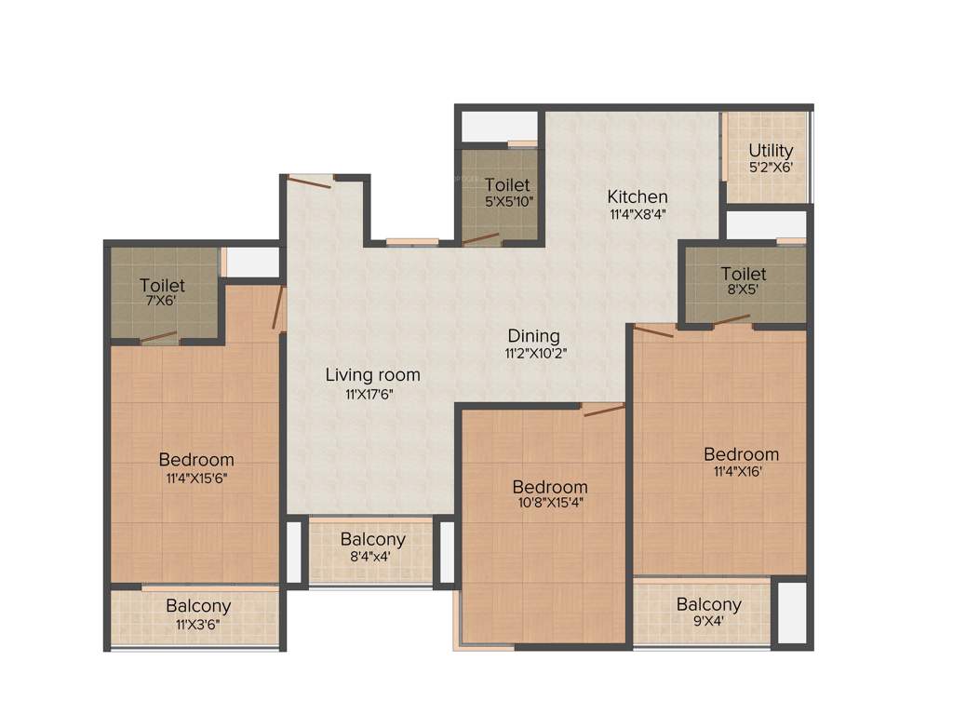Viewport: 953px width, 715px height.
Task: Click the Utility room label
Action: point(771,151)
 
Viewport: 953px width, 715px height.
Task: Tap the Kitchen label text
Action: point(638,196)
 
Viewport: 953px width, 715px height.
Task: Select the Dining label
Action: point(533,336)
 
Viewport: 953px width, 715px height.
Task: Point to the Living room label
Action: point(372,375)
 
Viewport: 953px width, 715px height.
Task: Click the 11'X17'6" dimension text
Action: point(372,394)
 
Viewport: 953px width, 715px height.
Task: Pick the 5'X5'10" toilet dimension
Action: point(507,201)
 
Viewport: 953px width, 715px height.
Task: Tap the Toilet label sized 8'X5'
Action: point(744,274)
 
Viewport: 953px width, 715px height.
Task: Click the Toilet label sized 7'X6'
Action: point(162,285)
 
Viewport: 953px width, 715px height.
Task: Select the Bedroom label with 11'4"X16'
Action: point(741,454)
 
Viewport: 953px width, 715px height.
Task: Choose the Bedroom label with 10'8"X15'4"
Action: point(550,487)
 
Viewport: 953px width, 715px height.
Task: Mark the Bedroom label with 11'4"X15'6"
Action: point(195,459)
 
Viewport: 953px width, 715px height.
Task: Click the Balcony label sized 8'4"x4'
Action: point(372,540)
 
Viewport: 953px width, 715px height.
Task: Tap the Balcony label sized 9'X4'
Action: point(708,604)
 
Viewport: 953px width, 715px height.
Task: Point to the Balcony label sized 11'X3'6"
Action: point(198,606)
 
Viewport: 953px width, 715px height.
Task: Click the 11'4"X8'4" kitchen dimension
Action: point(638,213)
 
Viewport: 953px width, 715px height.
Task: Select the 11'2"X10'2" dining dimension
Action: point(533,354)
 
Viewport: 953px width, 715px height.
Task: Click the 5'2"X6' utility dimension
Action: point(771,168)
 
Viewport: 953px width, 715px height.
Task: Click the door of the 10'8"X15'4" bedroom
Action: point(603,410)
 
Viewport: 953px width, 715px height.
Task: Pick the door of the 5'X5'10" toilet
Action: point(481,239)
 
